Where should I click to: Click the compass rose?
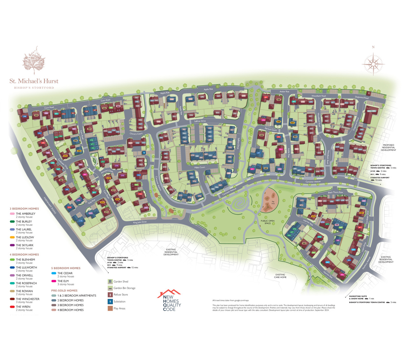pyautogui.click(x=373, y=62)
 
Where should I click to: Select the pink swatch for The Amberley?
pyautogui.click(x=12, y=214)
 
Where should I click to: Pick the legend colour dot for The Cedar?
pyautogui.click(x=54, y=273)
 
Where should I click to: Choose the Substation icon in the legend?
pyautogui.click(x=110, y=301)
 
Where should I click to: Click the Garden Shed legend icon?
pyautogui.click(x=110, y=281)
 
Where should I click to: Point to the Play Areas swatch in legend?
pyautogui.click(x=110, y=308)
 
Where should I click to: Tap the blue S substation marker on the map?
pyautogui.click(x=144, y=153)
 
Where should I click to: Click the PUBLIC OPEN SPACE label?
pyautogui.click(x=267, y=222)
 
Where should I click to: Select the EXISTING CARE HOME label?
pyautogui.click(x=280, y=276)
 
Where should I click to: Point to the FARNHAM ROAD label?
pyautogui.click(x=50, y=205)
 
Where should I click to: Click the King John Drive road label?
pyautogui.click(x=140, y=222)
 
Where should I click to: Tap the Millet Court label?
pyautogui.click(x=200, y=167)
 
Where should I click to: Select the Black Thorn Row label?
pyautogui.click(x=335, y=192)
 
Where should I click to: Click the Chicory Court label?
pyautogui.click(x=136, y=134)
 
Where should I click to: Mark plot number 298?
pyautogui.click(x=24, y=116)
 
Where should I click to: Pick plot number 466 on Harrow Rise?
pyautogui.click(x=342, y=274)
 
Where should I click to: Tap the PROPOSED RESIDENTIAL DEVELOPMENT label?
pyautogui.click(x=388, y=147)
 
